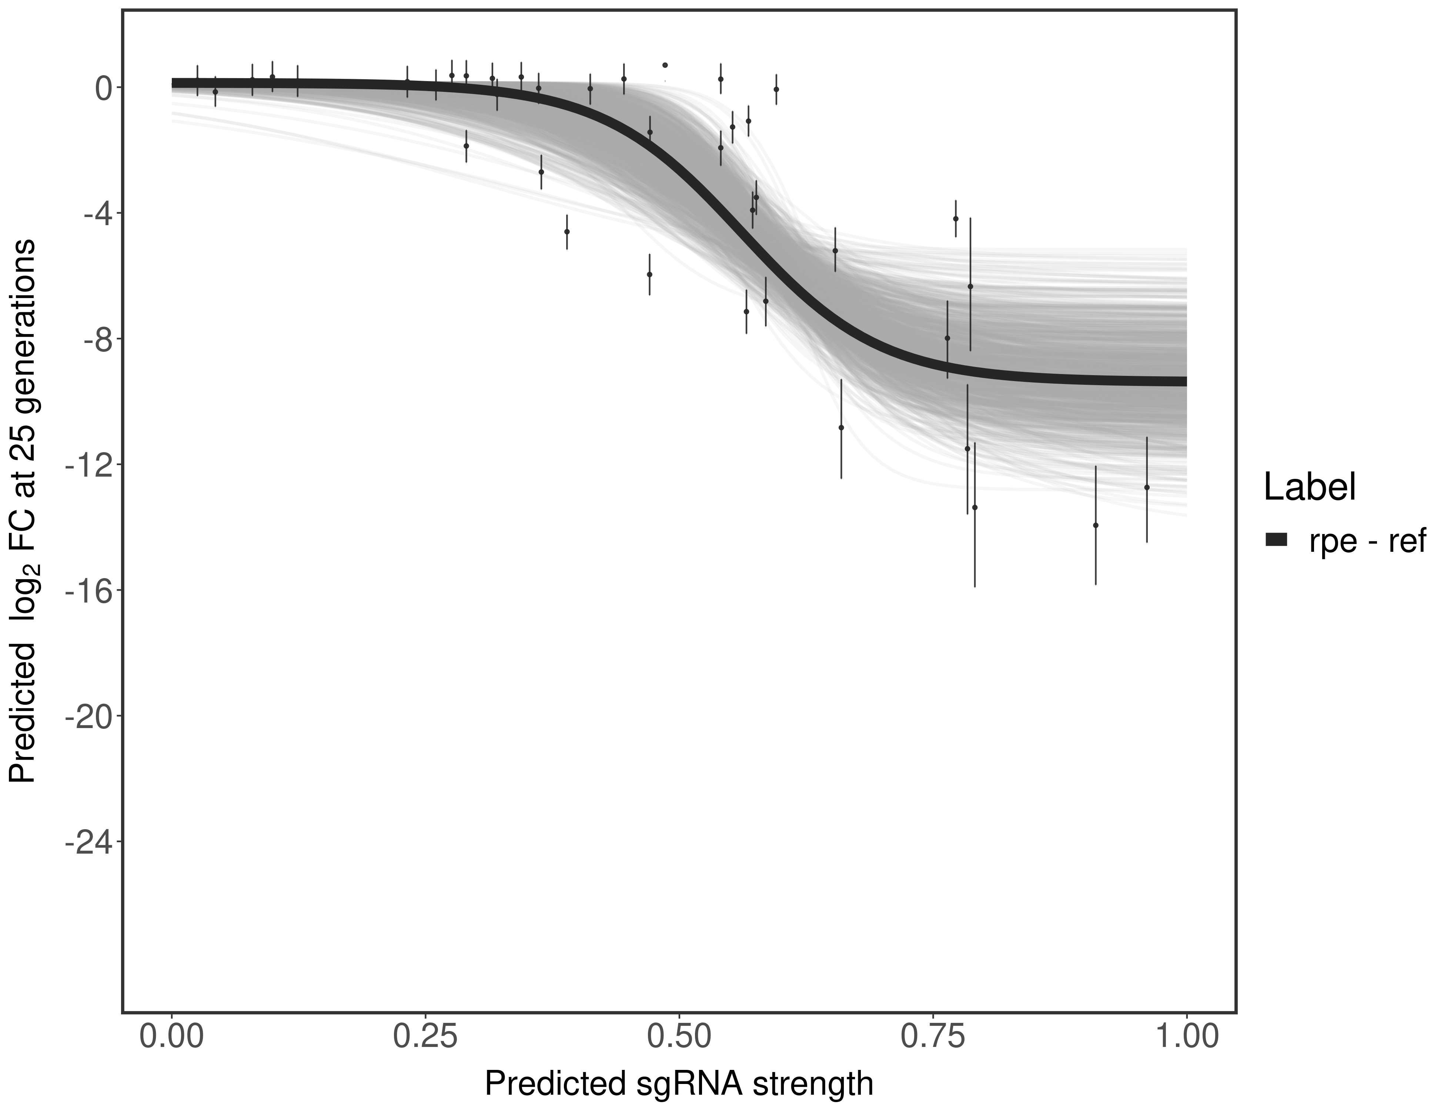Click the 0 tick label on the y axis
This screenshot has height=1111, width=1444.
coord(104,88)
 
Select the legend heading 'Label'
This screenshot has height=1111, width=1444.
coord(1310,487)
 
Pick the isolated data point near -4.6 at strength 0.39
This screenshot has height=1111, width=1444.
coord(566,231)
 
